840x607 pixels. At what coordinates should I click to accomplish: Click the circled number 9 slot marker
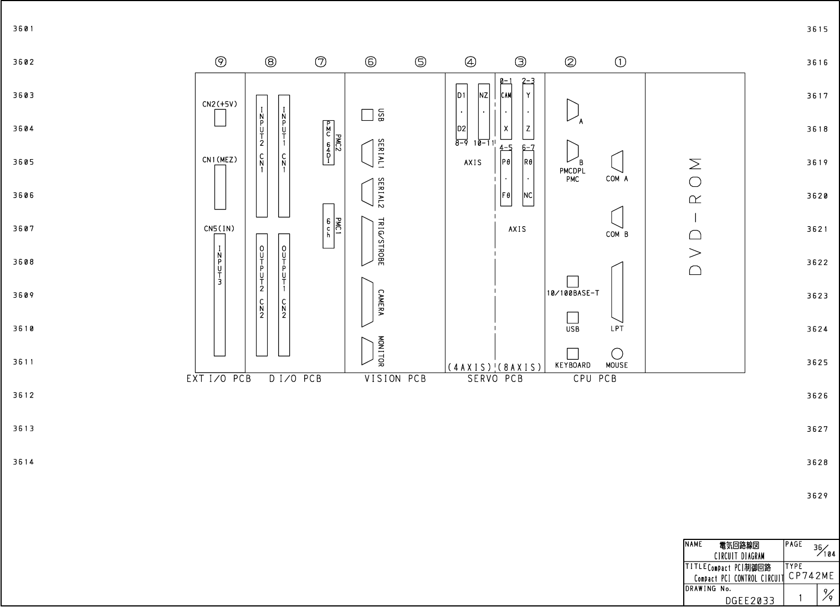(x=221, y=62)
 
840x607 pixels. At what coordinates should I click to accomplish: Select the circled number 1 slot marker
(x=620, y=62)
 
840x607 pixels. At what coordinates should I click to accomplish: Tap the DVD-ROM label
(x=695, y=217)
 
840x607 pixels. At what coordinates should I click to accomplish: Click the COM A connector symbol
(x=617, y=162)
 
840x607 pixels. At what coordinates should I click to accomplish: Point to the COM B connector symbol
(x=617, y=217)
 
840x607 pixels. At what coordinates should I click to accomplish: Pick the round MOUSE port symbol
(x=617, y=354)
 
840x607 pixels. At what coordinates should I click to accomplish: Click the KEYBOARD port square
(x=572, y=354)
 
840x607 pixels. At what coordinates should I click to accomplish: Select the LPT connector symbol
(x=617, y=292)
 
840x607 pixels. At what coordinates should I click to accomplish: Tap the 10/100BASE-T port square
(x=572, y=282)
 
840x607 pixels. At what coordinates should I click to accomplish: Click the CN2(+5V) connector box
(x=220, y=118)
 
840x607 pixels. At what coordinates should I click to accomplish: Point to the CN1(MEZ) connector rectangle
(x=220, y=187)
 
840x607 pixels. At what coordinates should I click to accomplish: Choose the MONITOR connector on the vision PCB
(x=367, y=351)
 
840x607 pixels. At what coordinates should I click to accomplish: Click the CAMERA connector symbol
(x=367, y=302)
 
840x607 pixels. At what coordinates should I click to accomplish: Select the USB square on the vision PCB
(x=367, y=115)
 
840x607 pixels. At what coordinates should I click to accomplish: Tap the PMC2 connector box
(x=329, y=142)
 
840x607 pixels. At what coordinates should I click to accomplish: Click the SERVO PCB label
(x=495, y=379)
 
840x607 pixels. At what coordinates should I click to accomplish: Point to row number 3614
(x=24, y=462)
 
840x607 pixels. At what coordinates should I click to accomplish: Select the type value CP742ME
(x=811, y=576)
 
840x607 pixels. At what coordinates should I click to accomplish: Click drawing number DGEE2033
(x=750, y=601)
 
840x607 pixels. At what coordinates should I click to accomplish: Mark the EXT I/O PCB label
(x=219, y=379)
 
